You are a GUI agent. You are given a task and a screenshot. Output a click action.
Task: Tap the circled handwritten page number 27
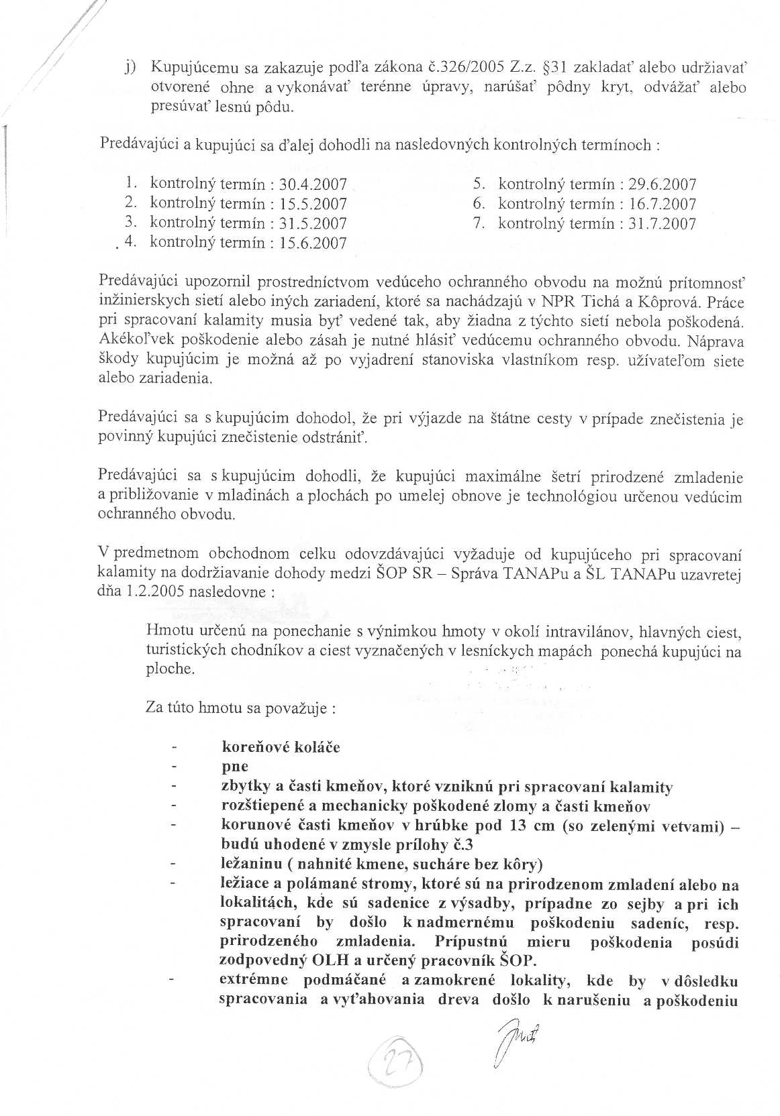click(x=392, y=1066)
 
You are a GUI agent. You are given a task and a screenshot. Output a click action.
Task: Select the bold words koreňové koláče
click(x=281, y=747)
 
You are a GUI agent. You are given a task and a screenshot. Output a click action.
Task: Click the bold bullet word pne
click(x=235, y=767)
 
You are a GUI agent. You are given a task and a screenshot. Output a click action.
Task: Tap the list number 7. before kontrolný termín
click(x=479, y=223)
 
